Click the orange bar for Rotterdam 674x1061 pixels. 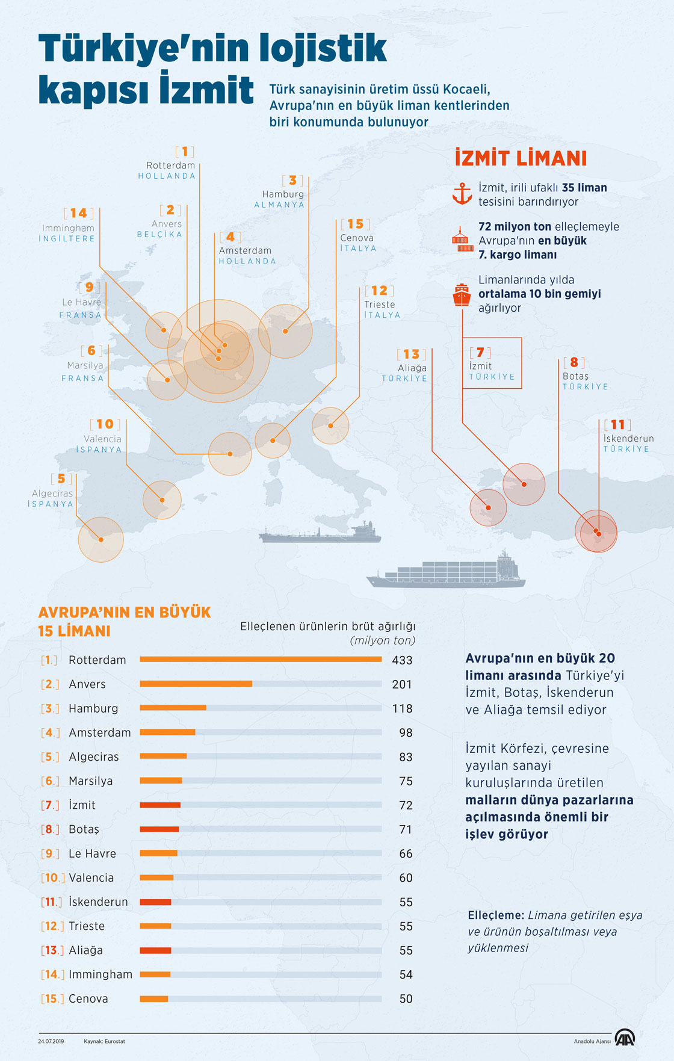click(261, 660)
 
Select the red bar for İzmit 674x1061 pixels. click(160, 805)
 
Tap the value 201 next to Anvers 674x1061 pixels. click(402, 684)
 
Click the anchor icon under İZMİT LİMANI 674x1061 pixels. click(462, 194)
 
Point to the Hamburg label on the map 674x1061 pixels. click(283, 194)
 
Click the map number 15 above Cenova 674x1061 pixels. click(355, 224)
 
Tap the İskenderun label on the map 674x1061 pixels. click(628, 438)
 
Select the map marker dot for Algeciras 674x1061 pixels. click(101, 539)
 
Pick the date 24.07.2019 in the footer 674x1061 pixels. click(51, 1041)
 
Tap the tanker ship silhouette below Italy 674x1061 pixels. click(320, 533)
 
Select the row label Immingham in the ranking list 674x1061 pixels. click(100, 974)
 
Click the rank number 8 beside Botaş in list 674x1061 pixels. click(50, 829)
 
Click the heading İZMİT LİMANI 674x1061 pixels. click(521, 158)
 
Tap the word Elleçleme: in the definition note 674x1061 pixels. click(496, 915)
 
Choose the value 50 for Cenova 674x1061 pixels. click(406, 999)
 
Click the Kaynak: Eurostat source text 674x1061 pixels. click(105, 1041)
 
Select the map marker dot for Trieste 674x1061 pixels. click(331, 425)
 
